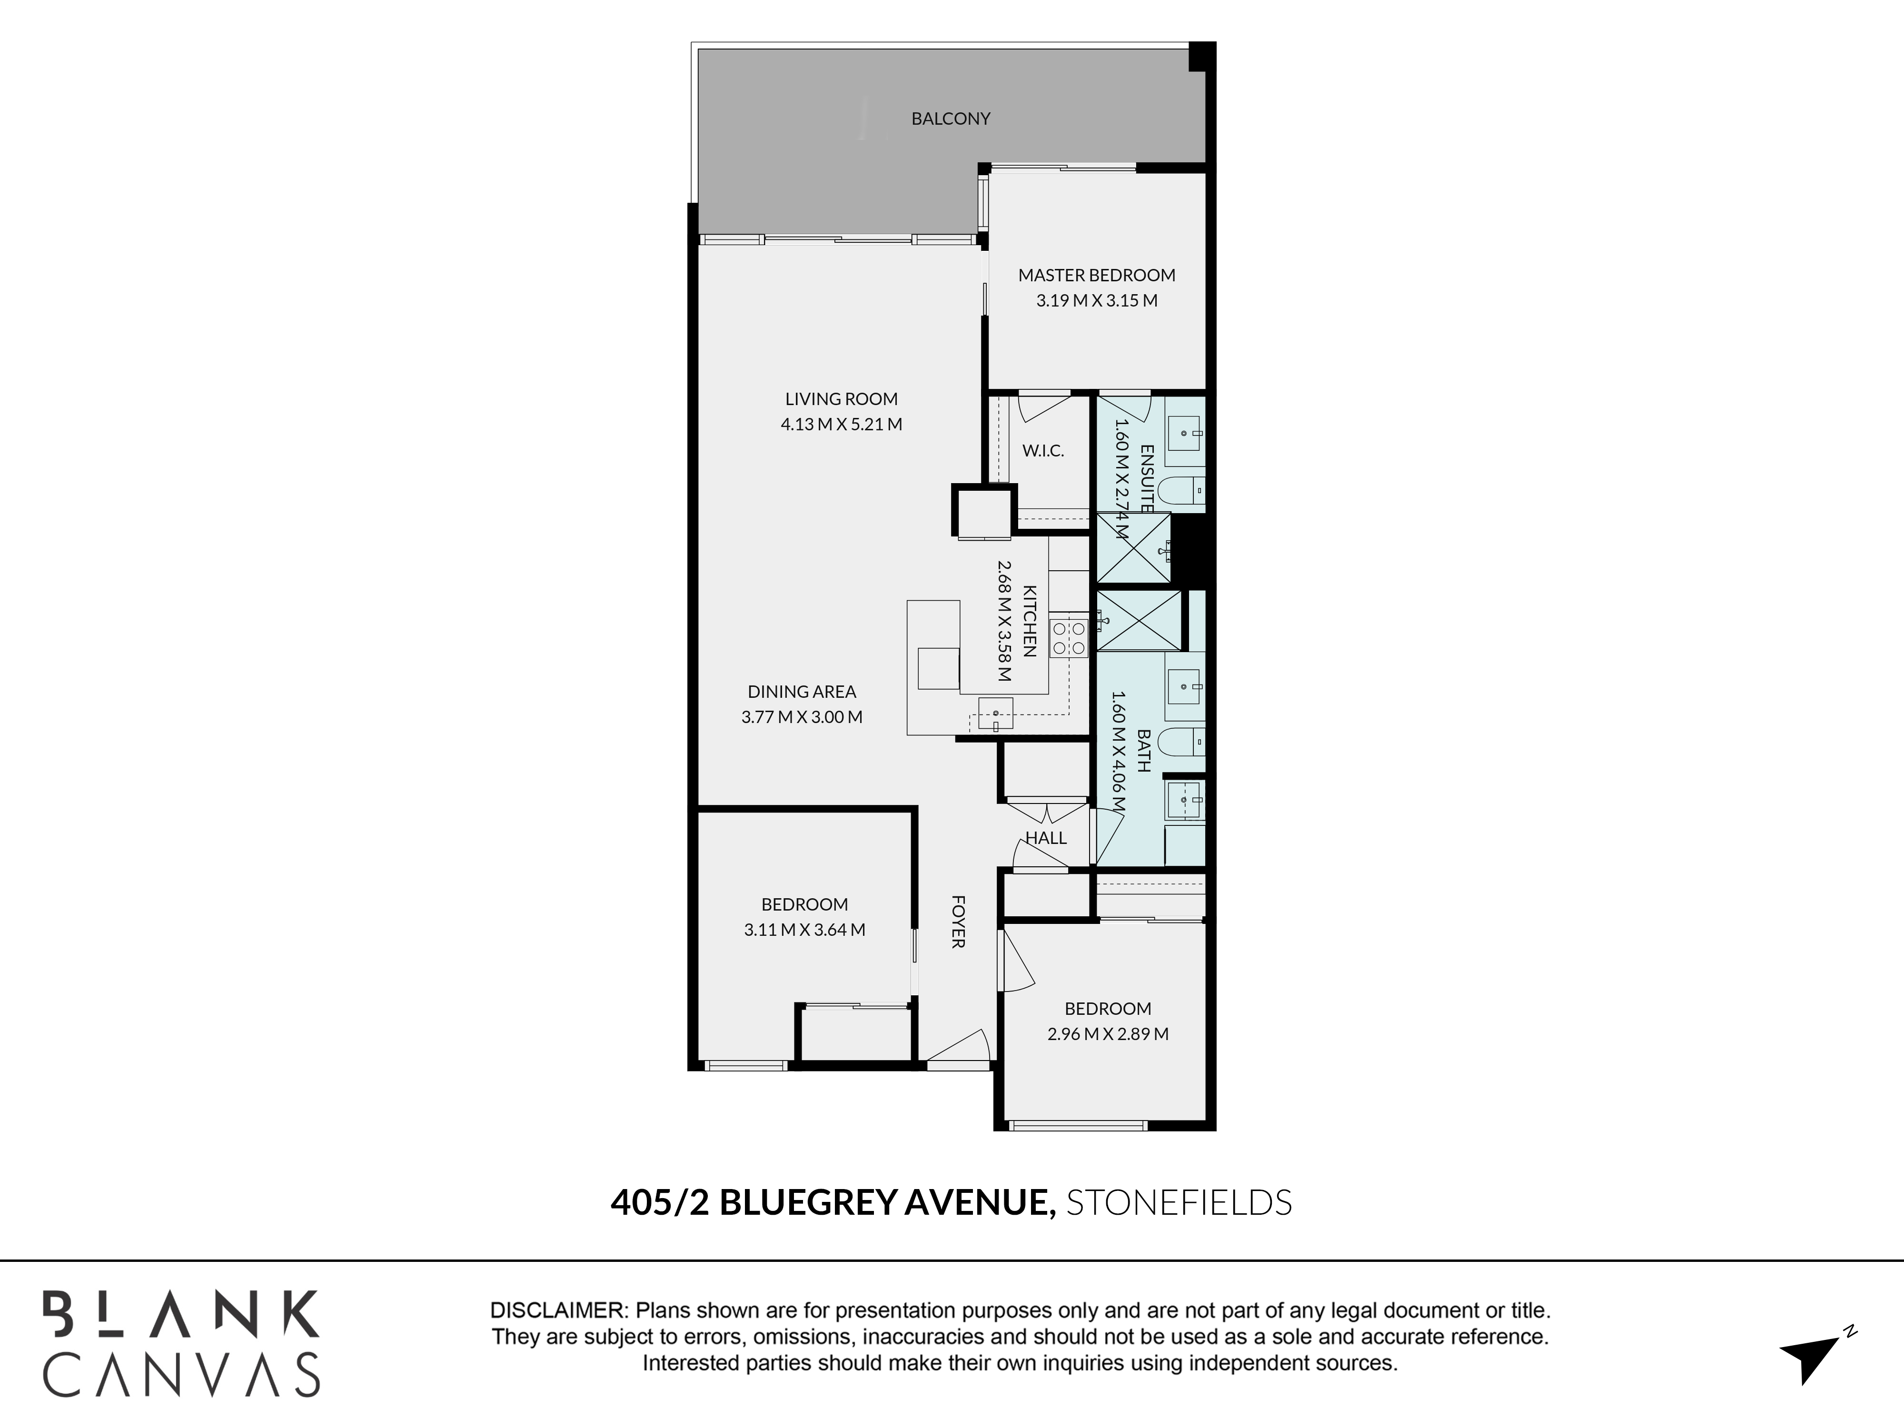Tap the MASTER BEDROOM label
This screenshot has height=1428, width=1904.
[1097, 276]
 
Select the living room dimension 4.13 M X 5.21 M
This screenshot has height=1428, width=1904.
[841, 425]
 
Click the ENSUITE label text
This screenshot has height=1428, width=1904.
[1147, 478]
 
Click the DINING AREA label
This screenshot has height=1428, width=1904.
[802, 691]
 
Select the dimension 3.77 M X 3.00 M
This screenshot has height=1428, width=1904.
[802, 717]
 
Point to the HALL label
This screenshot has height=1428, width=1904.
[1046, 837]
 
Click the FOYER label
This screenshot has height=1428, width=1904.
[958, 922]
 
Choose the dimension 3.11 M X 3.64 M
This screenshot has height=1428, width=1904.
[805, 930]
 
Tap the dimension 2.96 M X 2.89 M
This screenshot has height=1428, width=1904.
[1108, 1034]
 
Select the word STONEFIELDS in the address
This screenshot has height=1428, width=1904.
[1179, 1202]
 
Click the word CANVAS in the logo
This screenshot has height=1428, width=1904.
[182, 1375]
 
